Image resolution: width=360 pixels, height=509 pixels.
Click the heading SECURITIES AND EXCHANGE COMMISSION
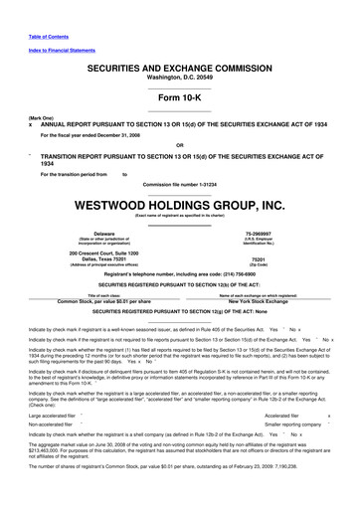179,64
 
